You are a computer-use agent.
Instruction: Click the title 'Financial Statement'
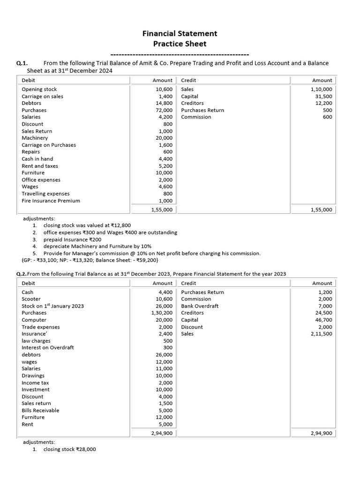[x=180, y=33]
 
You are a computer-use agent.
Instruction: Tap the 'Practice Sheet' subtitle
[x=180, y=44]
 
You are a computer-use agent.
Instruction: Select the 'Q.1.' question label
[x=22, y=63]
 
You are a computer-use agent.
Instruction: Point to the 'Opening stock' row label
[x=39, y=89]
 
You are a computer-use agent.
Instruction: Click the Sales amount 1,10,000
[x=321, y=89]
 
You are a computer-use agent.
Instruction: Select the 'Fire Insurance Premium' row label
[x=51, y=201]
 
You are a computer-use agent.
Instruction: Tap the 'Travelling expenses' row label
[x=45, y=194]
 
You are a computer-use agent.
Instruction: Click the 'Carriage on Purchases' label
[x=49, y=145]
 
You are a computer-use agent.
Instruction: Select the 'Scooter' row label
[x=31, y=299]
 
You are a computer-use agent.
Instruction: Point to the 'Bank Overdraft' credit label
[x=200, y=306]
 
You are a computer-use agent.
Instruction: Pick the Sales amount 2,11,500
[x=321, y=334]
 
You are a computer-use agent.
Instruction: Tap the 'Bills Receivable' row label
[x=40, y=410]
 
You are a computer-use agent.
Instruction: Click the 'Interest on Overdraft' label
[x=47, y=347]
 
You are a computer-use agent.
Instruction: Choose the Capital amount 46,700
[x=322, y=320]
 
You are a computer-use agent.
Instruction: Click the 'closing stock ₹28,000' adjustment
[x=69, y=449]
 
